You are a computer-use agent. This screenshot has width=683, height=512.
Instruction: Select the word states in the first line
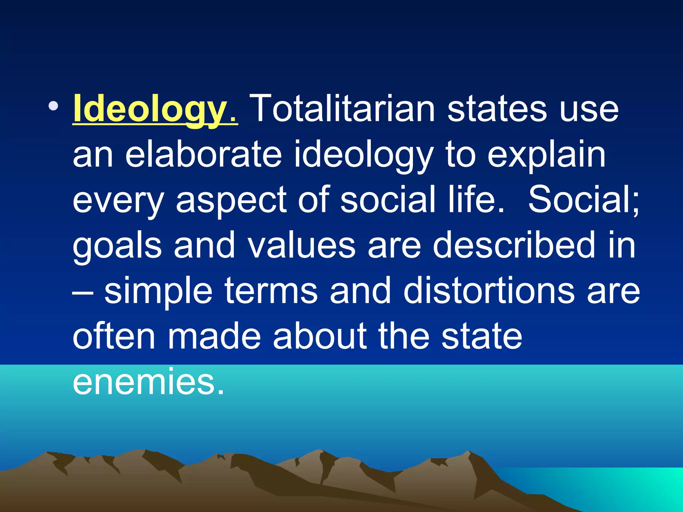coord(497,109)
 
